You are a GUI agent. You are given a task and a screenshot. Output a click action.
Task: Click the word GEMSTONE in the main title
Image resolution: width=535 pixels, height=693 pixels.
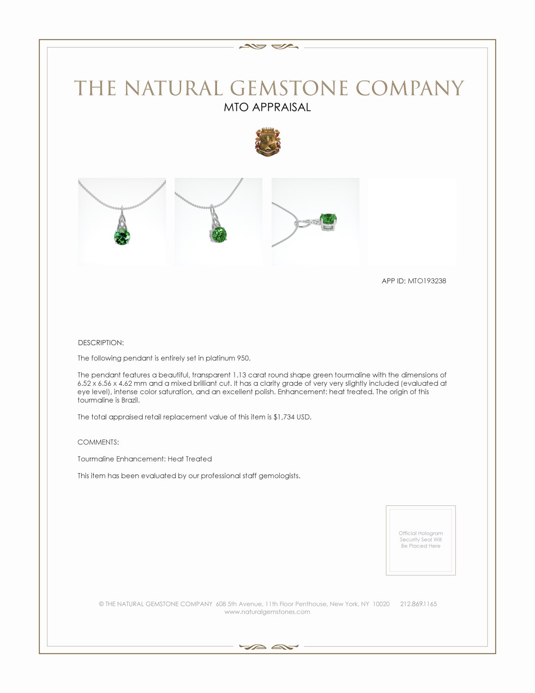289,88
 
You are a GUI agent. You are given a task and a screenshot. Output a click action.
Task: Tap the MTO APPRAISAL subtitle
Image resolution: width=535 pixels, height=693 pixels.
267,107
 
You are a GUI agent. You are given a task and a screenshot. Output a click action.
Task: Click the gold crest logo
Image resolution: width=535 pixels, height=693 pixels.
267,142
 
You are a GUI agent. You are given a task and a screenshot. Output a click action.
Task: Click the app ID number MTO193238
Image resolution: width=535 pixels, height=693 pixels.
427,281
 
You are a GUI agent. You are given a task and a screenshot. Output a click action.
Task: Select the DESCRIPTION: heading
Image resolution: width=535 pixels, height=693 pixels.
101,343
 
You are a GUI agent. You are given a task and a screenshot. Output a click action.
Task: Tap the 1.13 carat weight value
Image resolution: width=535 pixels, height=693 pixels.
239,375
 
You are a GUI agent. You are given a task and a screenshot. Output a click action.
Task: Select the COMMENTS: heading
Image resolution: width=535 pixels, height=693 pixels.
98,442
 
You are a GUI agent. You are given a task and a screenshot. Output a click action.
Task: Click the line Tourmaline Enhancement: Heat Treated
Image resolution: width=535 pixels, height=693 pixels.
144,459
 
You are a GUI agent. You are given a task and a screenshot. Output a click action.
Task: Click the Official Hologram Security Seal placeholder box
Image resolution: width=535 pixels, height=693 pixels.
421,540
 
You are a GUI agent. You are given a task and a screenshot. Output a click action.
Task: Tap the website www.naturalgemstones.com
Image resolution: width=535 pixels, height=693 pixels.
267,612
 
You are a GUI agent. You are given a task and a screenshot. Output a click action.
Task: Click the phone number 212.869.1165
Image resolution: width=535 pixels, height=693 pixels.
418,604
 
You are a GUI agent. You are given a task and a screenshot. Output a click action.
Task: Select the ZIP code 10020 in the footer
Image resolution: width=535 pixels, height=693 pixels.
381,604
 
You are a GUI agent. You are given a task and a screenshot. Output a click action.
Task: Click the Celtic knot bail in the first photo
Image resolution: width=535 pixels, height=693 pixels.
121,219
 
